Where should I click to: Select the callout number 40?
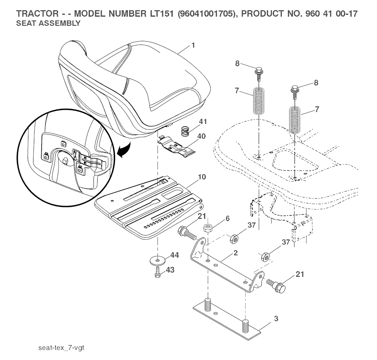(x=201, y=136)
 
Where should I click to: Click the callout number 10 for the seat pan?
(x=201, y=177)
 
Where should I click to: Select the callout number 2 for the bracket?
(x=235, y=253)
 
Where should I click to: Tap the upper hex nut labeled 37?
(x=233, y=239)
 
